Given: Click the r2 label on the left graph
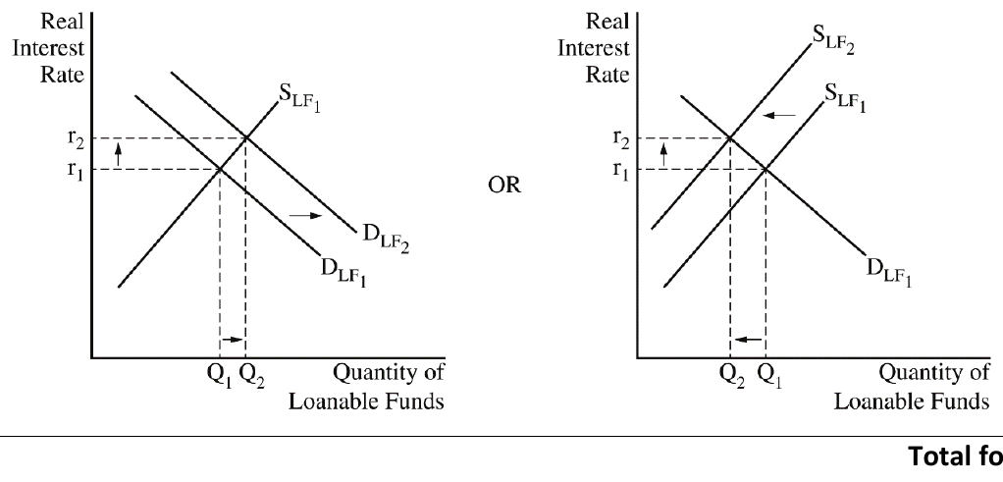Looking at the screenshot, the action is pyautogui.click(x=76, y=138).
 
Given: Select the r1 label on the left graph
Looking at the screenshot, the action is pyautogui.click(x=76, y=170).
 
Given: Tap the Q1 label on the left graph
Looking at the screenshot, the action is pyautogui.click(x=220, y=375).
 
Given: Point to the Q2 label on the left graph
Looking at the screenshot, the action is pyautogui.click(x=251, y=375).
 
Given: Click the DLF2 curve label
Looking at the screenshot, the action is pyautogui.click(x=386, y=239).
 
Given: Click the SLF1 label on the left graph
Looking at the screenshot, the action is pyautogui.click(x=299, y=97).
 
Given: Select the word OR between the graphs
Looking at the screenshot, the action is pyautogui.click(x=504, y=185).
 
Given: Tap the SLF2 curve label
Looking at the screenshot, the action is pyautogui.click(x=833, y=39).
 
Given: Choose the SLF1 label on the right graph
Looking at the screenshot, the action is pyautogui.click(x=845, y=98).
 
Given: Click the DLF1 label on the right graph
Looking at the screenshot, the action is pyautogui.click(x=889, y=272).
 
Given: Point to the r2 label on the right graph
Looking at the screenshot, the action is pyautogui.click(x=621, y=138).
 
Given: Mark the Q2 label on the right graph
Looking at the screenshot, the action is pyautogui.click(x=732, y=375).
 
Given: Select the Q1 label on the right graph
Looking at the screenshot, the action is pyautogui.click(x=768, y=375).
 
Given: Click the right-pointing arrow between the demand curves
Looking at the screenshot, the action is pyautogui.click(x=306, y=216).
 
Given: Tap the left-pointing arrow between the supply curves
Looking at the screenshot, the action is pyautogui.click(x=780, y=115).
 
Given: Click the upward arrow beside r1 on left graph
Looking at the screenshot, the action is pyautogui.click(x=118, y=155).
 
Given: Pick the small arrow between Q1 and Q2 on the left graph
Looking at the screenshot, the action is pyautogui.click(x=233, y=340).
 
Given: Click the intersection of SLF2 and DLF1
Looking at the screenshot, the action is pyautogui.click(x=730, y=137).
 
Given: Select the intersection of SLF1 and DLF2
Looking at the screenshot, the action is pyautogui.click(x=245, y=137).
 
